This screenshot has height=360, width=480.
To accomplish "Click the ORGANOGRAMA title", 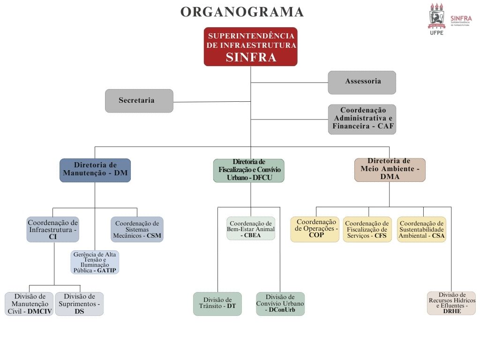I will pos(242,12).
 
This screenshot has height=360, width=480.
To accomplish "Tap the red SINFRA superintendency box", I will pos(251,47).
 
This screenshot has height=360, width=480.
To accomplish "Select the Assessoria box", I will pos(362,82).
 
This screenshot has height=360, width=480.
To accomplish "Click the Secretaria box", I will pos(139,101).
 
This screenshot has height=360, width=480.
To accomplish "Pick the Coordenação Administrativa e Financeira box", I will pos(362,119).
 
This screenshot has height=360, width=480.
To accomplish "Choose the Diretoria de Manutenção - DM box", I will pos(95,170).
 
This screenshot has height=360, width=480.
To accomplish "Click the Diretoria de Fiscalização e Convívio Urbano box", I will pos(249,170).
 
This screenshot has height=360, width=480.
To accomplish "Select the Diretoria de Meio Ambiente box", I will pos(390,169).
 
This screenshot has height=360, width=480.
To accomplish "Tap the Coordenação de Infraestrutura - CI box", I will pos(52,229).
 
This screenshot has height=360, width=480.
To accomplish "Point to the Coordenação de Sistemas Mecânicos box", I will pos(137,229).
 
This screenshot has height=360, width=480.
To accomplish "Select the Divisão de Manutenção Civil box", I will pos(29,304).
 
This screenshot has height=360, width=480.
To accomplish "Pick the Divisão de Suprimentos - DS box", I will pos(79,304).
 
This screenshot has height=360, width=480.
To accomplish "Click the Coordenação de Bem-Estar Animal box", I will pos(251,229).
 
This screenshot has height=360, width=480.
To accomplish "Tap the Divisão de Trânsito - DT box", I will pos(217,304).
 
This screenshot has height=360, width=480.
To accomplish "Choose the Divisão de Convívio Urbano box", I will pos(280,304).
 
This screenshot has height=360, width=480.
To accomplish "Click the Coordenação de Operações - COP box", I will pos(315,229).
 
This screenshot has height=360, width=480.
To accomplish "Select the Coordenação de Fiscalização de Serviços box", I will pos(368,229).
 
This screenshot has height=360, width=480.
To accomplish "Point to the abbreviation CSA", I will pos(438,236).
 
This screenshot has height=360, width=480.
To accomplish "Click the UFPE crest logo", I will pos(436,17).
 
